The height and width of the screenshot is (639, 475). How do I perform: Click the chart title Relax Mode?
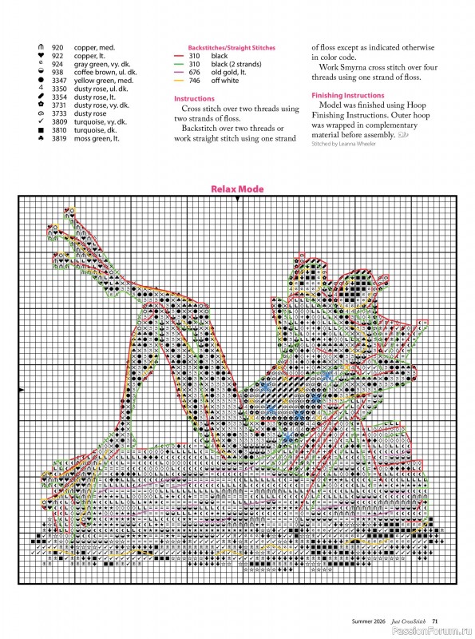click(237, 189)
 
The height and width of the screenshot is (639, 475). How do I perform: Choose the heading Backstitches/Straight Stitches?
click(224, 48)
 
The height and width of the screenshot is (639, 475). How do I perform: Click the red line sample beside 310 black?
click(180, 56)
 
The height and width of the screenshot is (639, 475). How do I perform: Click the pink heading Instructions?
click(194, 98)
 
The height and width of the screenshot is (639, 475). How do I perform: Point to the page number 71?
click(435, 620)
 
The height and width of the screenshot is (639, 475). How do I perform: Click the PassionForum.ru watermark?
click(436, 631)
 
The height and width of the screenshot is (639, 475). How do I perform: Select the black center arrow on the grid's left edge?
click(20, 389)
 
